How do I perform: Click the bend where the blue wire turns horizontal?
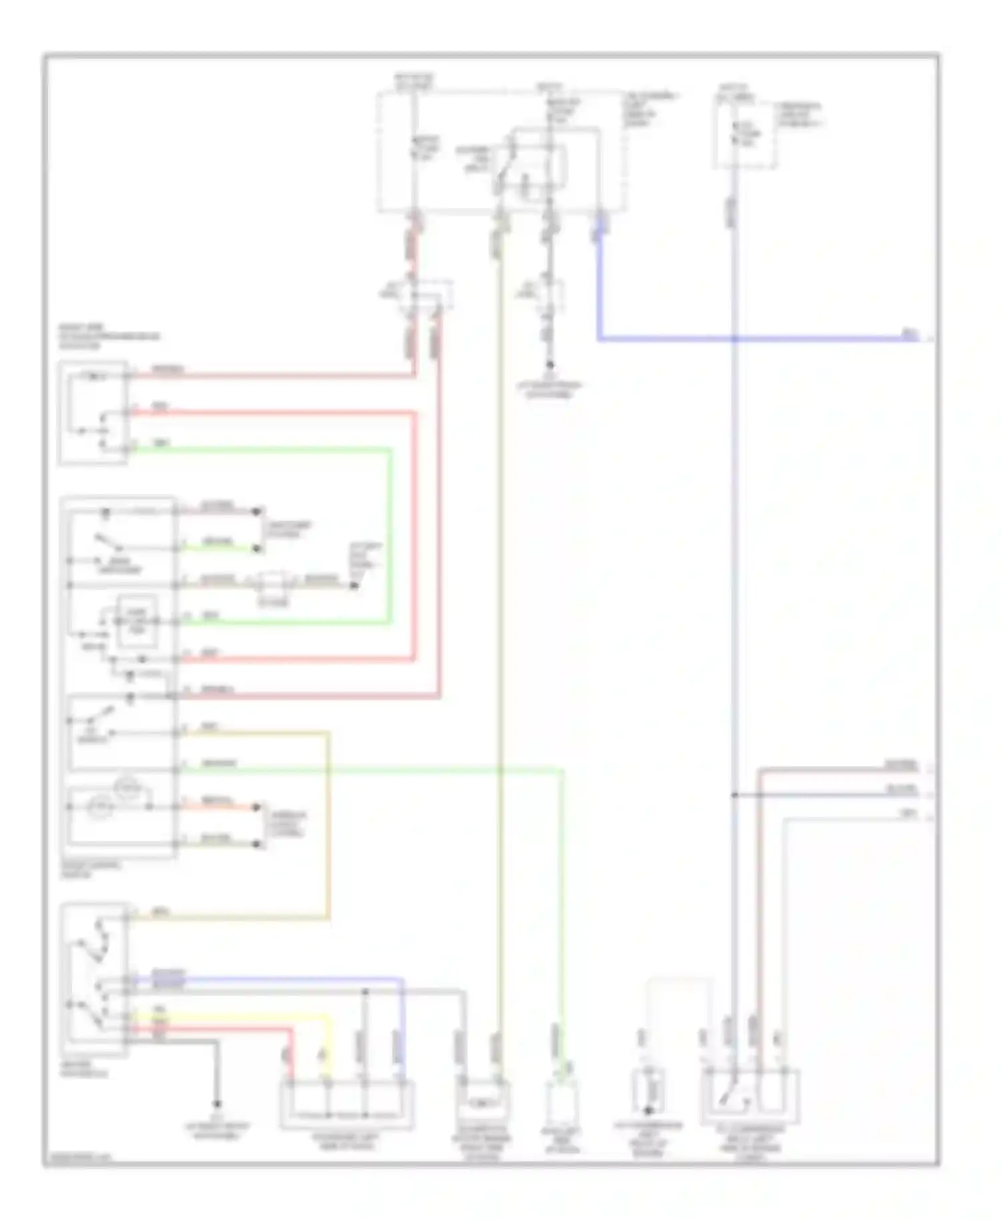[x=599, y=340]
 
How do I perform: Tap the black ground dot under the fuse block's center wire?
[x=550, y=365]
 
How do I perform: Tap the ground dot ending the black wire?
[x=217, y=1105]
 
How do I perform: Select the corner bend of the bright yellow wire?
[x=328, y=1016]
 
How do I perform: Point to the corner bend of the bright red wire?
[x=290, y=1030]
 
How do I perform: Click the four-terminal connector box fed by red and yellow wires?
[x=347, y=1104]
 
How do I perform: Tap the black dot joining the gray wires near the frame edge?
[x=734, y=795]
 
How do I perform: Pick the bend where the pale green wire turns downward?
[x=561, y=770]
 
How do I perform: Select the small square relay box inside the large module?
[x=137, y=621]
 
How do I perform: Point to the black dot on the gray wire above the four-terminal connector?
[x=365, y=991]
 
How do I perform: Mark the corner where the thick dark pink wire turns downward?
[x=440, y=697]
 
